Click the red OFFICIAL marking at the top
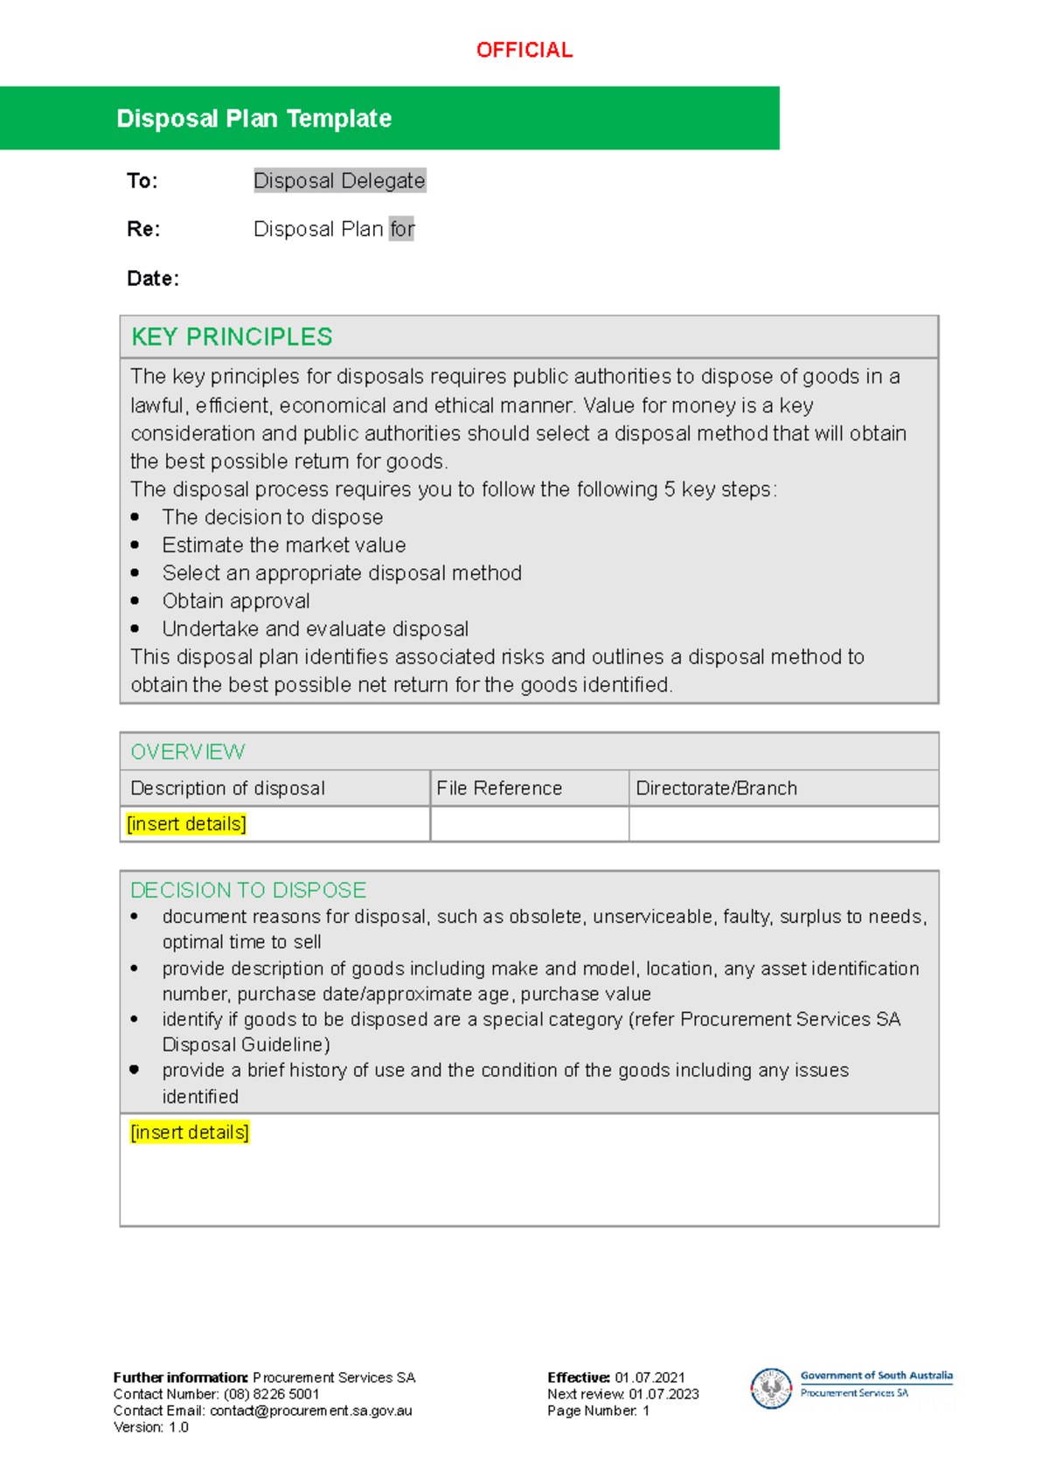tap(524, 51)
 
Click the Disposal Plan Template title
tap(254, 119)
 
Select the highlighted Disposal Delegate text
tap(339, 181)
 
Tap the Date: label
tap(153, 279)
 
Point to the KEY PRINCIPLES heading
tap(232, 337)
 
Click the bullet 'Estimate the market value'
tap(284, 545)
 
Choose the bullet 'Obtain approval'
tap(236, 601)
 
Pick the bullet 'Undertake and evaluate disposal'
tap(316, 629)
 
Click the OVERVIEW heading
tap(188, 752)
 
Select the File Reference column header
tap(499, 788)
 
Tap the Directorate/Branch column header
tap(717, 788)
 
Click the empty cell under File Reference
tap(529, 824)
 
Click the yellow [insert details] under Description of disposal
tap(186, 824)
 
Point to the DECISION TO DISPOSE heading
tap(248, 891)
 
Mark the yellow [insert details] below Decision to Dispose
tap(190, 1133)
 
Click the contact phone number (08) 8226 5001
tap(271, 1394)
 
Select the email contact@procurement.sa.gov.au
tap(310, 1411)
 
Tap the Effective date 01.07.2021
tap(650, 1377)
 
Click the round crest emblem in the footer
tap(771, 1388)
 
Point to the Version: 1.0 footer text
tap(151, 1427)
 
